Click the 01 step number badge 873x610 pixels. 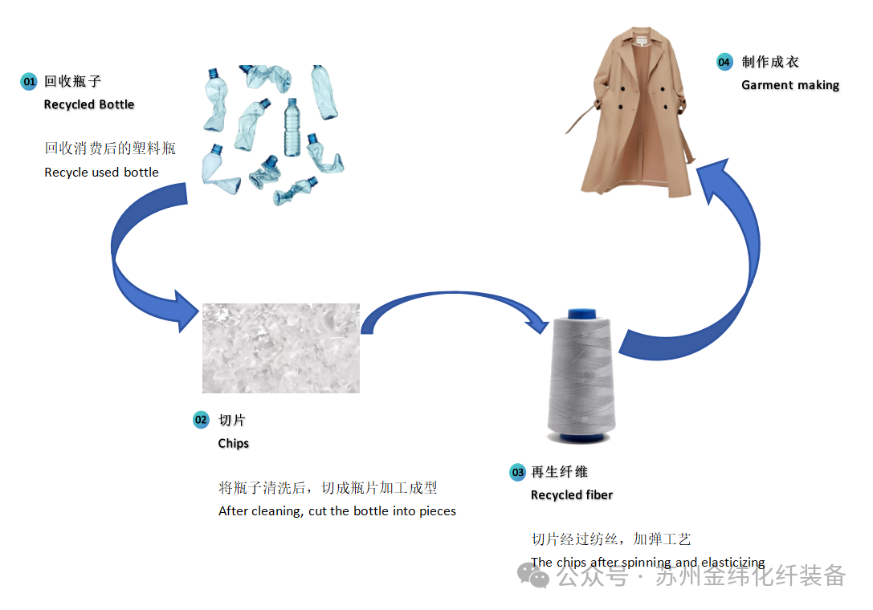(x=29, y=82)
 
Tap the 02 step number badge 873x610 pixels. (x=201, y=420)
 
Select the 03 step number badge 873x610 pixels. (x=517, y=472)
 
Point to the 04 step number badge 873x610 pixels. (x=724, y=62)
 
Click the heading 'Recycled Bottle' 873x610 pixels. (x=89, y=104)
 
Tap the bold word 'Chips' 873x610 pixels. (x=234, y=443)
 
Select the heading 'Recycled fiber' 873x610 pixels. (x=571, y=495)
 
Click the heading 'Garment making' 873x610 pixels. (x=790, y=85)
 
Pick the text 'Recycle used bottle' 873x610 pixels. (x=101, y=172)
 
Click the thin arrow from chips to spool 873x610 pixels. (x=450, y=297)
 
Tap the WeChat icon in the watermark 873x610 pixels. (x=533, y=575)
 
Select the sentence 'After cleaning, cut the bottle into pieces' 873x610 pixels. (x=337, y=511)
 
